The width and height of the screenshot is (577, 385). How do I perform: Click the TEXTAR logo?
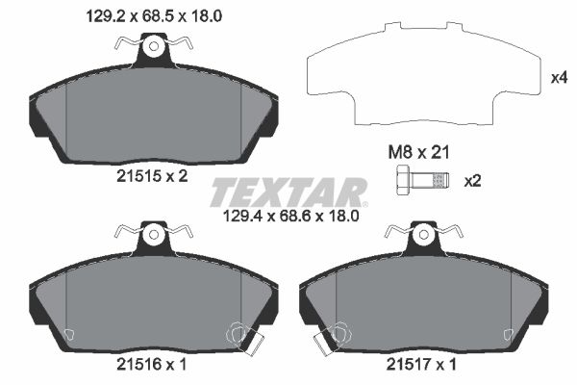288,192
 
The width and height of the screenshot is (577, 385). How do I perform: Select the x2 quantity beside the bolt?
472,180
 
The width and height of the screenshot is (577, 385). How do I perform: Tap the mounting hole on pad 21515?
152,45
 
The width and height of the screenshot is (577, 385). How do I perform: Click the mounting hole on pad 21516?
152,233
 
